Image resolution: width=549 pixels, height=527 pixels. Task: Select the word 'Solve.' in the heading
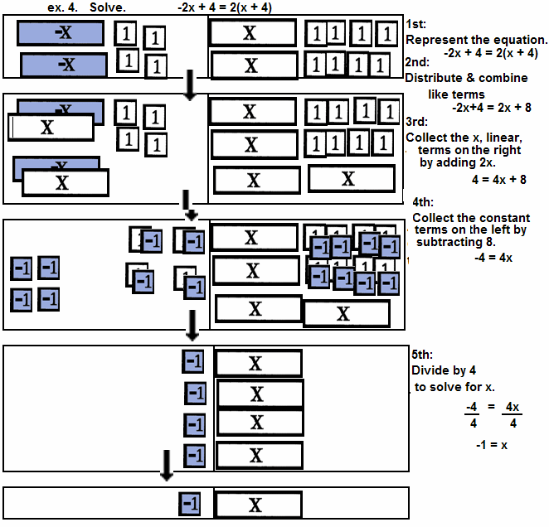(107, 7)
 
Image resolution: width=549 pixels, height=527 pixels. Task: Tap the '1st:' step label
(418, 23)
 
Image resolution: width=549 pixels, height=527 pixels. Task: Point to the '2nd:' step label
(419, 63)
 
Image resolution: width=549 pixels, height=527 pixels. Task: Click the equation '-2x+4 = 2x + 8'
(491, 107)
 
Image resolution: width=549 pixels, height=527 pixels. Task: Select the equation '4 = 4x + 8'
(498, 179)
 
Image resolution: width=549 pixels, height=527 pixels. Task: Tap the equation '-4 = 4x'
(493, 258)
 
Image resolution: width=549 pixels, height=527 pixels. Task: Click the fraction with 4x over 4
(512, 415)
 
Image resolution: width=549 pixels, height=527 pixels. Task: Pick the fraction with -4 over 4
(472, 415)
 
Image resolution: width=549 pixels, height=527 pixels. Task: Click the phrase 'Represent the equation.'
(476, 39)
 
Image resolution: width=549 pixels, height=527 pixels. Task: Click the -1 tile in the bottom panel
(190, 503)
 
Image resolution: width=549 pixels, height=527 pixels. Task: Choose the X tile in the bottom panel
(256, 505)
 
